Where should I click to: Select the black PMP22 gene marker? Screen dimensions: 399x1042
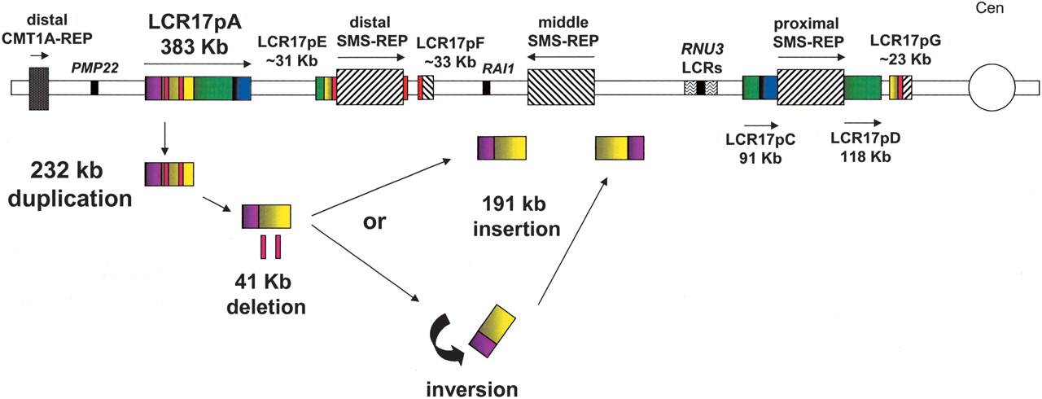(x=94, y=87)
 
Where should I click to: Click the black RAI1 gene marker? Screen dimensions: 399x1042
(x=486, y=87)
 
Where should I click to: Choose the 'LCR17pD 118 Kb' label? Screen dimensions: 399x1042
(x=864, y=147)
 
